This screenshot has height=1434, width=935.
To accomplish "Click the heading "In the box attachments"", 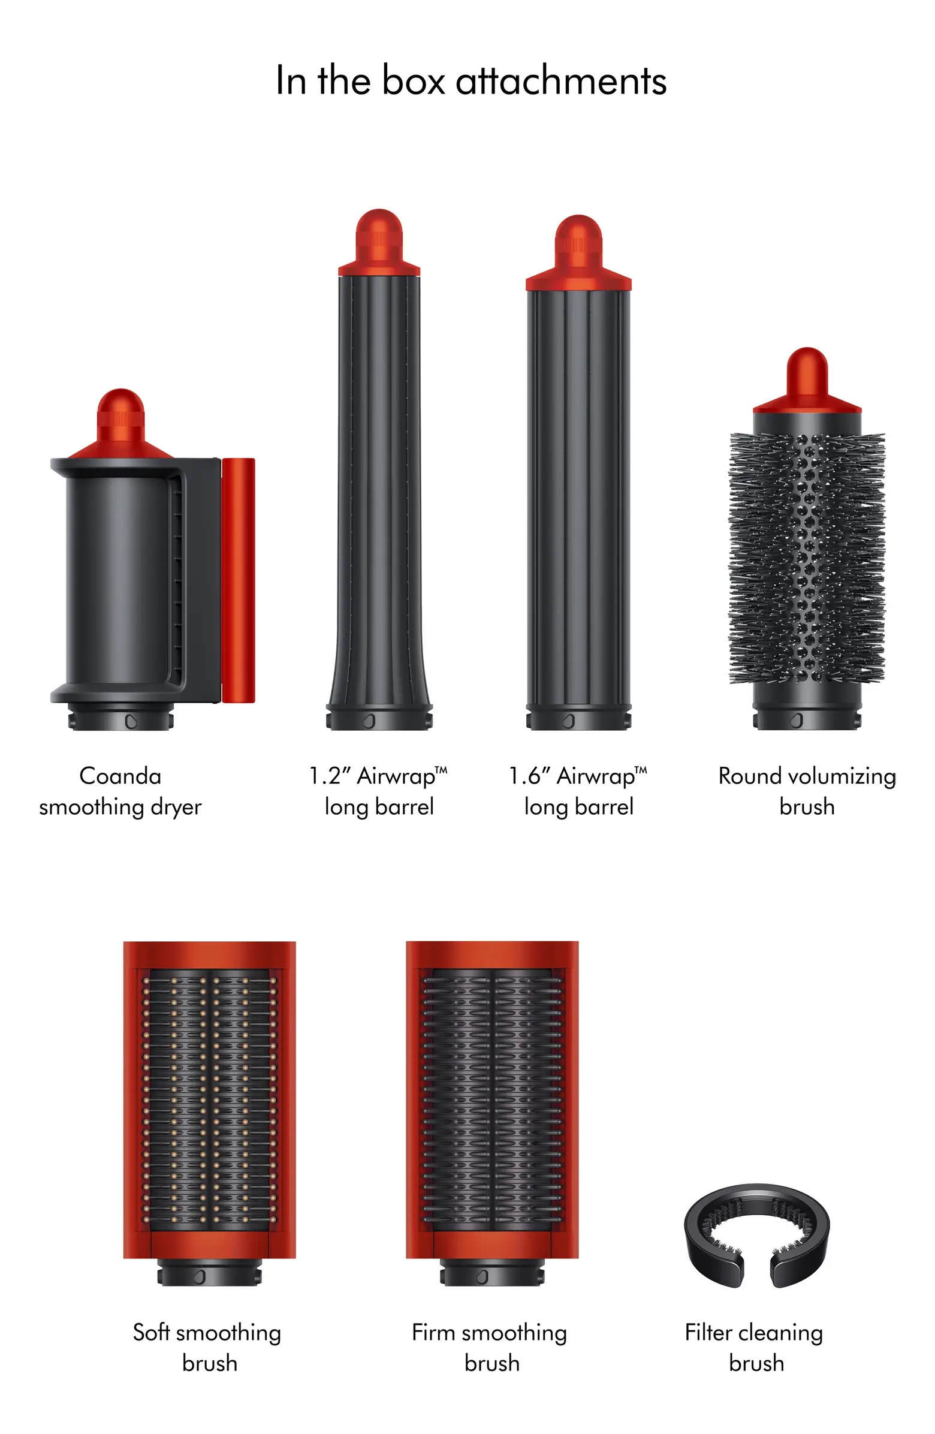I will click(470, 80).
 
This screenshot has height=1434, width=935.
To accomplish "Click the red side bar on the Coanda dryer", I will click(238, 580).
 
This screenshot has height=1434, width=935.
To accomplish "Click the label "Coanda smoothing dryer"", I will click(120, 791).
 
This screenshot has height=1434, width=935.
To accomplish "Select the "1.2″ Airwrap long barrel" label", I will click(378, 791).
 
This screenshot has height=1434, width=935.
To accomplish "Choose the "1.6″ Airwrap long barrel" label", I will click(578, 791).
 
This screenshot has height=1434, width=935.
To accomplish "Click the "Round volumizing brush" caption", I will click(807, 791).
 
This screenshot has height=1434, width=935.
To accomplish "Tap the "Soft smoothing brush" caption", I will click(208, 1347).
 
